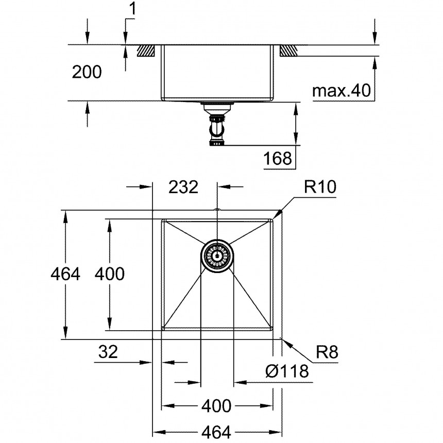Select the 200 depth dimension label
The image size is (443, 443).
[x=87, y=73]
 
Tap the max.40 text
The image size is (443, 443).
[x=342, y=91]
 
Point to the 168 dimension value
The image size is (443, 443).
[x=278, y=158]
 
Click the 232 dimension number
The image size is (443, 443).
[x=183, y=187]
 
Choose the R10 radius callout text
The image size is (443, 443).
[x=320, y=187]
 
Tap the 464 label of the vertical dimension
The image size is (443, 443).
[x=65, y=274]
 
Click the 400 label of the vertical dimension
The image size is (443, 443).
[x=110, y=274]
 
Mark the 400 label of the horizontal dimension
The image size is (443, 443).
[x=216, y=406]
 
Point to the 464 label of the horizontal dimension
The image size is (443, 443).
[x=216, y=432]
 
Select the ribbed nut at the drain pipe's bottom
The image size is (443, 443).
[x=217, y=143]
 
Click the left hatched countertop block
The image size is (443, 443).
[x=147, y=50]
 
